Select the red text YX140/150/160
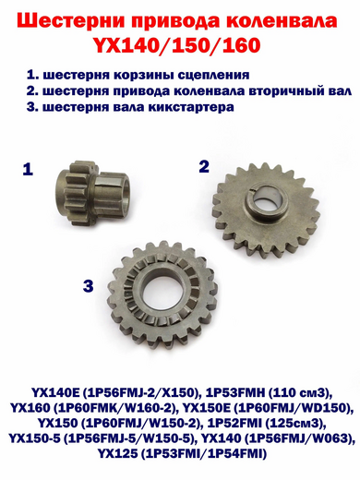(x=180, y=43)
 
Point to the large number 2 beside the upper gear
(x=204, y=165)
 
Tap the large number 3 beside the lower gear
(x=88, y=287)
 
